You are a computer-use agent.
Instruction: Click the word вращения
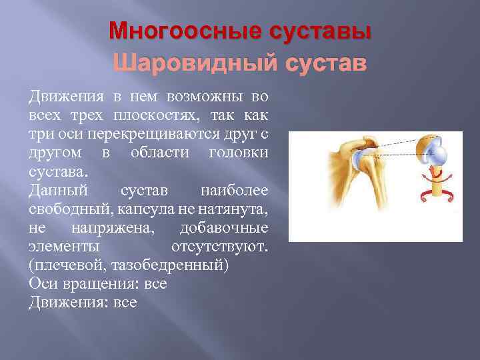click(97, 284)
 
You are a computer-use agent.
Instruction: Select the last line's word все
click(125, 303)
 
